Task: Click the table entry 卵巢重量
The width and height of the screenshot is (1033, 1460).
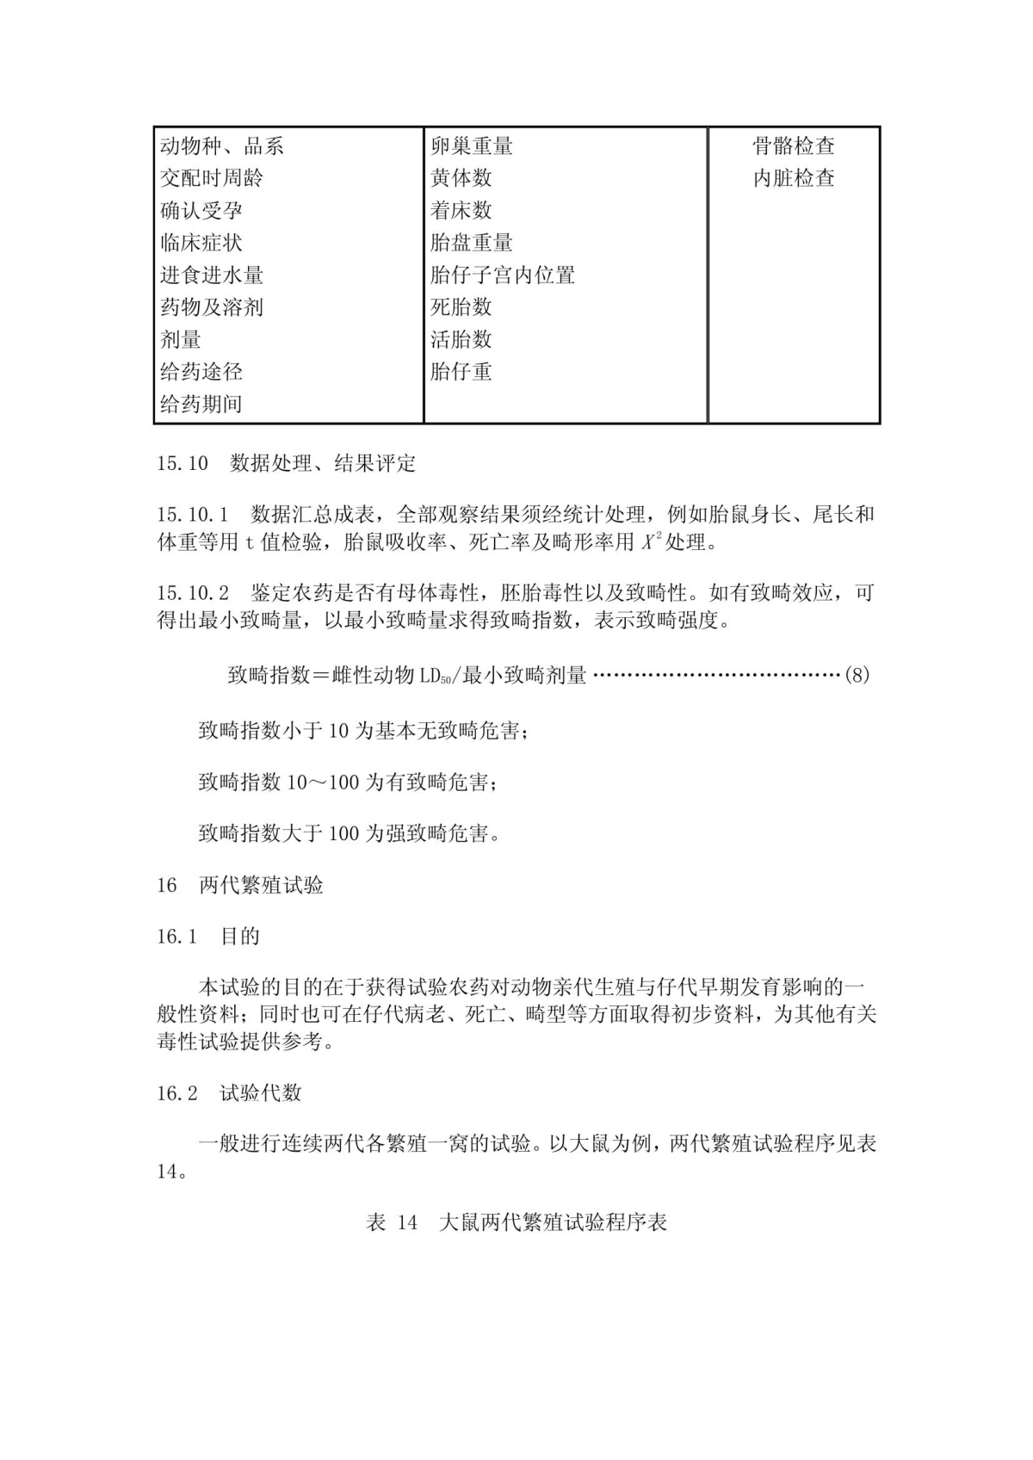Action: coord(472,146)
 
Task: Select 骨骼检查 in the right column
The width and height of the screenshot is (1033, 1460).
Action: coord(793,146)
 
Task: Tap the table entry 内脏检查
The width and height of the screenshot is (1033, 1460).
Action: coord(793,178)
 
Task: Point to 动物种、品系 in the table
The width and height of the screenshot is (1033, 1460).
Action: coord(222,146)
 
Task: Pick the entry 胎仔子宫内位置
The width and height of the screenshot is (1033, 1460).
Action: coord(503,275)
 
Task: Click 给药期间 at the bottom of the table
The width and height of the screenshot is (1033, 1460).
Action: coord(201,404)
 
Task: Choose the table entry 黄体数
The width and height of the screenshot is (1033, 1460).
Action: coord(461,178)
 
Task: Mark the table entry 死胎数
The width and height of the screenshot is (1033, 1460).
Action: coord(461,307)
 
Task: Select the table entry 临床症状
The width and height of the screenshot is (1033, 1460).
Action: coord(201,243)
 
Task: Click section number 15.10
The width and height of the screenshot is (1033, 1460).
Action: coord(182,464)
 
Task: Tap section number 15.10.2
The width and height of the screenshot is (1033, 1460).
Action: coord(193,593)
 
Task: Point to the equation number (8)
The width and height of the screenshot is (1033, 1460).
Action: coord(857,675)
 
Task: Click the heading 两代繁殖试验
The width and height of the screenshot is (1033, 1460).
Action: coord(262,885)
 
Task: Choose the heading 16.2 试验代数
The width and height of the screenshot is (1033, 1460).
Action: coord(229,1093)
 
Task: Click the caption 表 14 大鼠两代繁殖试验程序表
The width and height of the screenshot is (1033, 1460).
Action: coord(516,1222)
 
